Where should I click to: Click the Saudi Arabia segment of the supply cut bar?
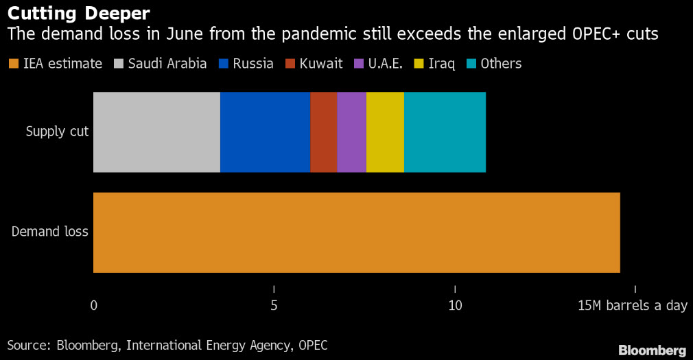[156, 132]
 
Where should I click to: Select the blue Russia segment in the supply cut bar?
[265, 132]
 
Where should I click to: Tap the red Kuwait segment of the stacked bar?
[324, 132]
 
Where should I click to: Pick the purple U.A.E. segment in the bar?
[352, 132]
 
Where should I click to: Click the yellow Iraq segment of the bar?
[385, 132]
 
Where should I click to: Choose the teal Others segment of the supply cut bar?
[445, 132]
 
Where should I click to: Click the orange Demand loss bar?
[356, 232]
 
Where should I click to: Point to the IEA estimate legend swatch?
[14, 64]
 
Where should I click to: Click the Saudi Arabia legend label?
[167, 64]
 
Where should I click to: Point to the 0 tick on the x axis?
[94, 305]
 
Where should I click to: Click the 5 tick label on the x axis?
[274, 305]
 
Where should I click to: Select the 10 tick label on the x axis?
[455, 305]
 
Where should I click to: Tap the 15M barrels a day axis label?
[633, 305]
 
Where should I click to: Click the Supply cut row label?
[57, 131]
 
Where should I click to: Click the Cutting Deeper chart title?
[79, 14]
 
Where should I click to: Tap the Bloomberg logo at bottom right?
[652, 350]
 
